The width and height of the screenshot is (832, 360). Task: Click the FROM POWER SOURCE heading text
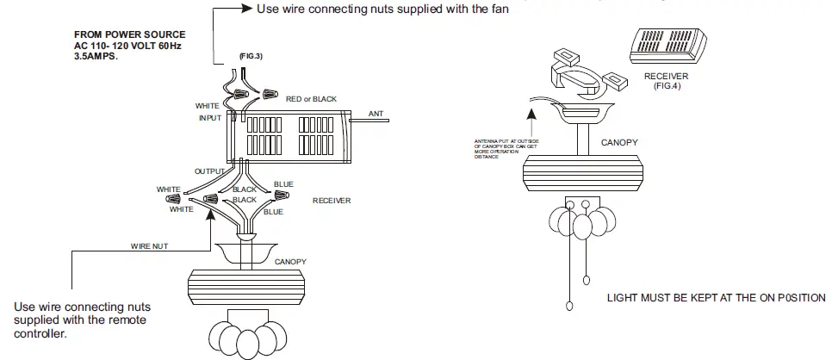coord(129,34)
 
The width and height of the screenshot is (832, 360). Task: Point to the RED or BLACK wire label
coord(312,99)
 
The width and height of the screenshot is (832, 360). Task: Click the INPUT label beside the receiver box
coord(209,118)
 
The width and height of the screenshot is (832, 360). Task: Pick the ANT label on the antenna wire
coord(376,114)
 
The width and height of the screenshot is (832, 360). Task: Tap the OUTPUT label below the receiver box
coord(208,171)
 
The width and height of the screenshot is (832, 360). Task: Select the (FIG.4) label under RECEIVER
coord(666,86)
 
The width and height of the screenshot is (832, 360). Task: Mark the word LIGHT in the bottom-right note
coord(624,298)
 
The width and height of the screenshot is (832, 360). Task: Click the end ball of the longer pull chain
coord(569,306)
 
